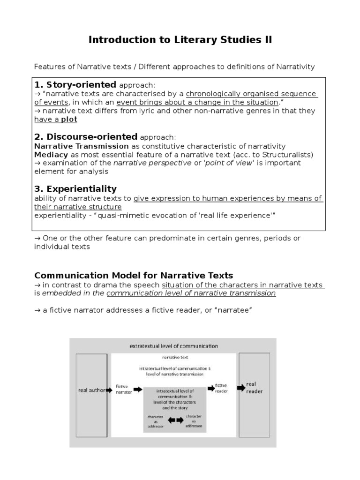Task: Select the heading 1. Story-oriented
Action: (x=75, y=85)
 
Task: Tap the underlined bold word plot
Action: (x=69, y=120)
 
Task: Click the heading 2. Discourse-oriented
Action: (x=86, y=137)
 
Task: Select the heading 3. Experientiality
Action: (x=75, y=189)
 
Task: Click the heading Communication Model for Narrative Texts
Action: (x=134, y=275)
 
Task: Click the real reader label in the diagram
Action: (x=255, y=388)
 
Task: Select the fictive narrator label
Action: (x=124, y=390)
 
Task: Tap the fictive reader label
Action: (x=221, y=388)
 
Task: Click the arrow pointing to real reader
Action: (x=240, y=388)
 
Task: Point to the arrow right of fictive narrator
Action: (x=138, y=390)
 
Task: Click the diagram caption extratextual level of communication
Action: (x=173, y=346)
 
